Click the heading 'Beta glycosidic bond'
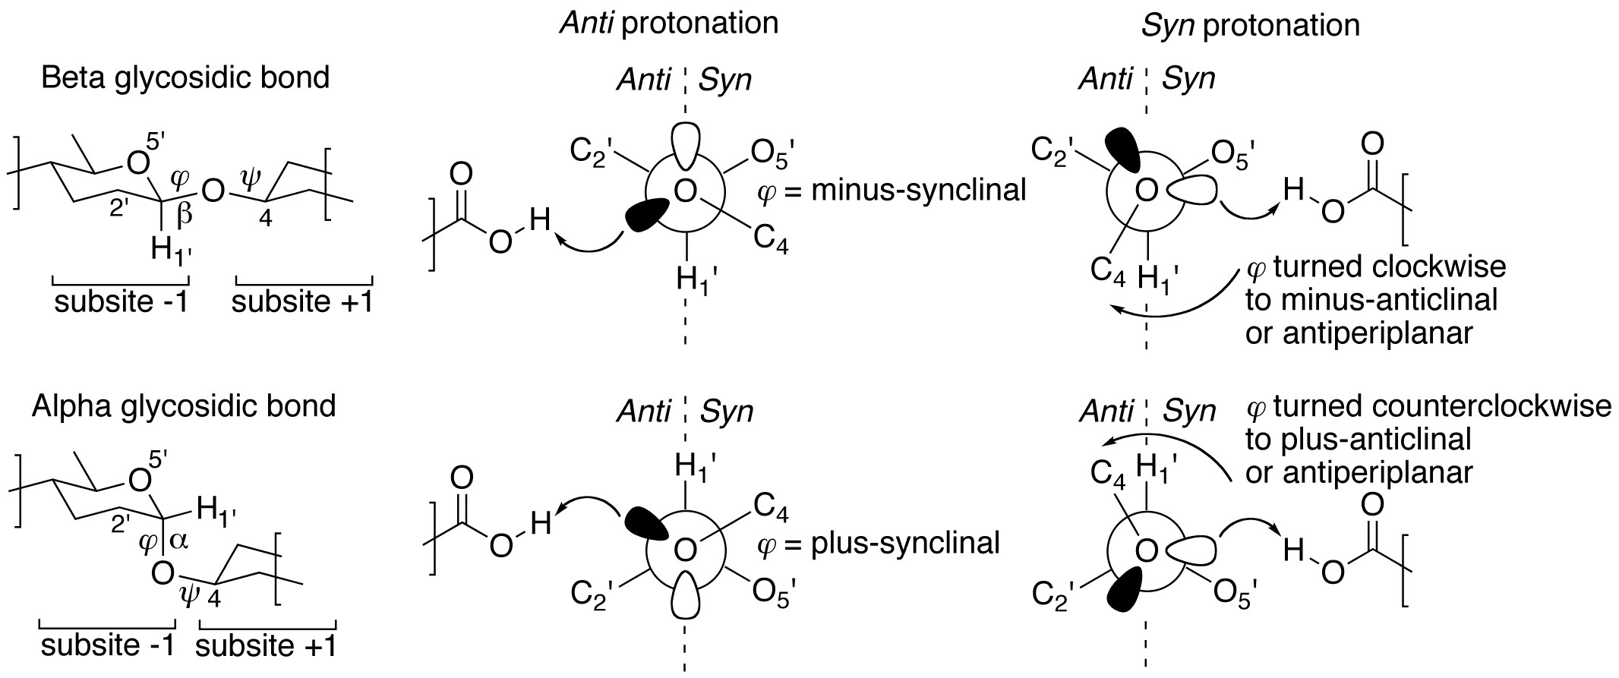tap(186, 78)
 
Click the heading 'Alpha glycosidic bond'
tap(184, 406)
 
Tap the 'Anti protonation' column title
tap(669, 23)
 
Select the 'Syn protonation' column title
tap(1250, 26)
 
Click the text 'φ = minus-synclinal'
tap(892, 190)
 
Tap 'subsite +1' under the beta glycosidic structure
tap(302, 302)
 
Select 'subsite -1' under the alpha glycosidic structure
tap(108, 645)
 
